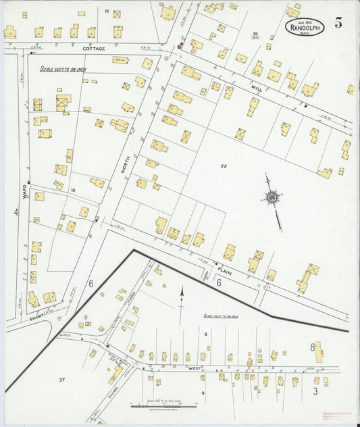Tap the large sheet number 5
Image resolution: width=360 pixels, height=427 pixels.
338,23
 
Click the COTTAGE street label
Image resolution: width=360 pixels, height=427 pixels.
95,49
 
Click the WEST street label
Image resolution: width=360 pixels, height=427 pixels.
196,368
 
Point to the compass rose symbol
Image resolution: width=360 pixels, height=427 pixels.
272,197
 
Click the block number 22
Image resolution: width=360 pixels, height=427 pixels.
223,165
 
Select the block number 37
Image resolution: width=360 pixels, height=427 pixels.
61,380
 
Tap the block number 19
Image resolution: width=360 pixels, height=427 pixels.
72,191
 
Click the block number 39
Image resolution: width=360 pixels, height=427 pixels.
255,34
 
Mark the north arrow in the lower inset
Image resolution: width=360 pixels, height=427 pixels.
181,297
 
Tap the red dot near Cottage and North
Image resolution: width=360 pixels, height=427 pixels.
180,47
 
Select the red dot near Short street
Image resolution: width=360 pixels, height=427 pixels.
107,346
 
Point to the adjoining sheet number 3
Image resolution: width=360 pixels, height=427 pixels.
315,391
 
